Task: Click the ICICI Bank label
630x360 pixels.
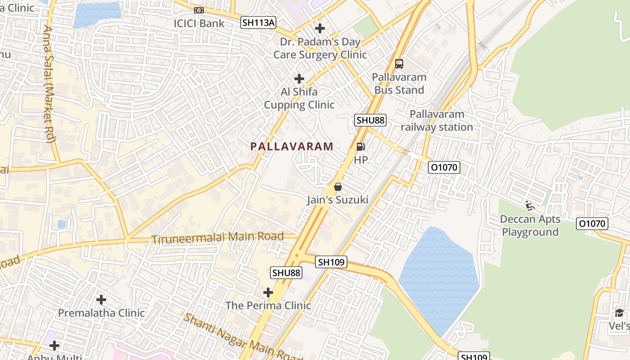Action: pos(199,23)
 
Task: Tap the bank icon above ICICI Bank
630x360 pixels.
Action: pos(198,10)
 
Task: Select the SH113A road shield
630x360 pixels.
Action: pos(258,22)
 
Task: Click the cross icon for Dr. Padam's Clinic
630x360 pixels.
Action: pos(320,28)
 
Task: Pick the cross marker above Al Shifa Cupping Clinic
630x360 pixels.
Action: pos(299,79)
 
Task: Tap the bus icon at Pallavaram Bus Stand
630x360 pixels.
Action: pos(399,64)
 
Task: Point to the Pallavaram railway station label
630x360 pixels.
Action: pos(436,121)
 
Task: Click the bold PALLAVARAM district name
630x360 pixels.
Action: pos(292,146)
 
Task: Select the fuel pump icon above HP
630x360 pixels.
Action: pos(360,146)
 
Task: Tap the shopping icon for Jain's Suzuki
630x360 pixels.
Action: pos(338,187)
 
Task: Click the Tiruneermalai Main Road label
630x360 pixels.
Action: pos(217,237)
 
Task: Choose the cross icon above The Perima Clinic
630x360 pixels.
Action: pos(268,292)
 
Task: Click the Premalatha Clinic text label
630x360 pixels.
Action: pos(101,313)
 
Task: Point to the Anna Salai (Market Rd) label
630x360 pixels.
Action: pos(49,84)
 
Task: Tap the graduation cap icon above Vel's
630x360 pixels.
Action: pos(619,313)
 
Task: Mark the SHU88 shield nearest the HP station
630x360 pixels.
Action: pos(370,120)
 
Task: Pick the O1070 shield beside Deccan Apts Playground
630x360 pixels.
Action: pos(592,223)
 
